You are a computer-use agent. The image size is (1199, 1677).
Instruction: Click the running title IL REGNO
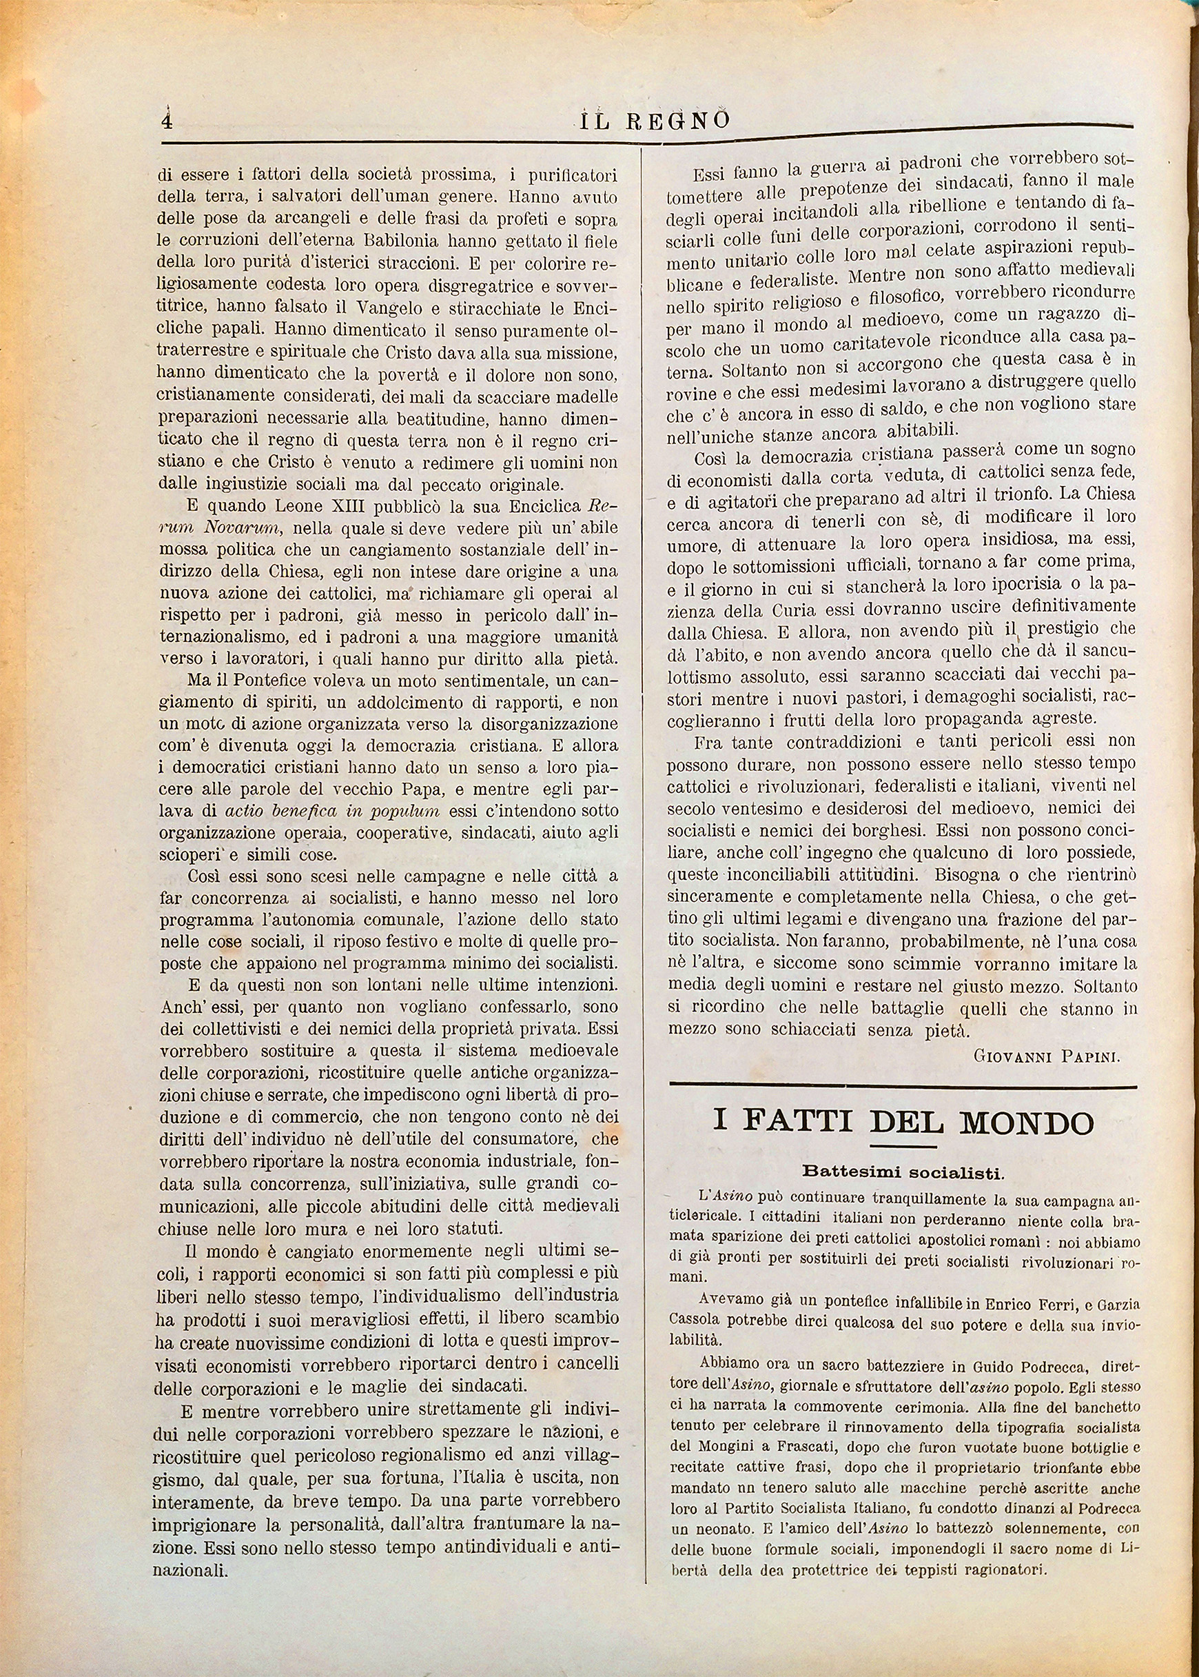coord(654,121)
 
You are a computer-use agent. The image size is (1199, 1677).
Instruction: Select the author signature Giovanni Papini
coord(1047,1056)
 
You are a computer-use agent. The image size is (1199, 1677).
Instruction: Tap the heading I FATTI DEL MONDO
coord(903,1122)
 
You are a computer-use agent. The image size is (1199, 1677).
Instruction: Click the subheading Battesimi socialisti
coord(902,1172)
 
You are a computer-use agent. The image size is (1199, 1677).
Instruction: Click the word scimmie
coord(923,964)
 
